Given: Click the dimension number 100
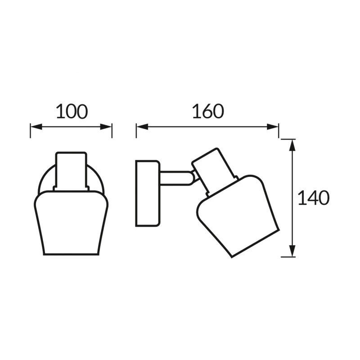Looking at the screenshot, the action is (72, 112).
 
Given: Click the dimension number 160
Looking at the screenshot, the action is (208, 111).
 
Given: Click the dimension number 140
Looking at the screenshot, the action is (313, 198).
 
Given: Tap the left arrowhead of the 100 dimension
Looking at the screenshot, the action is (36, 126).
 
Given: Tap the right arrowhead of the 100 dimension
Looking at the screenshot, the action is (106, 126).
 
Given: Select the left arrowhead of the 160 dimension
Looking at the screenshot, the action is (142, 126).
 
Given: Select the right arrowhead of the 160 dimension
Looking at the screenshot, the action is (273, 126).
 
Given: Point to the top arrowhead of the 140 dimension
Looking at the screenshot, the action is (292, 145).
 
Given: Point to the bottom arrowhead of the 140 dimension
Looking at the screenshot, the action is (292, 251).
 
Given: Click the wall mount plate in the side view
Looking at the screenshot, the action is (148, 193).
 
